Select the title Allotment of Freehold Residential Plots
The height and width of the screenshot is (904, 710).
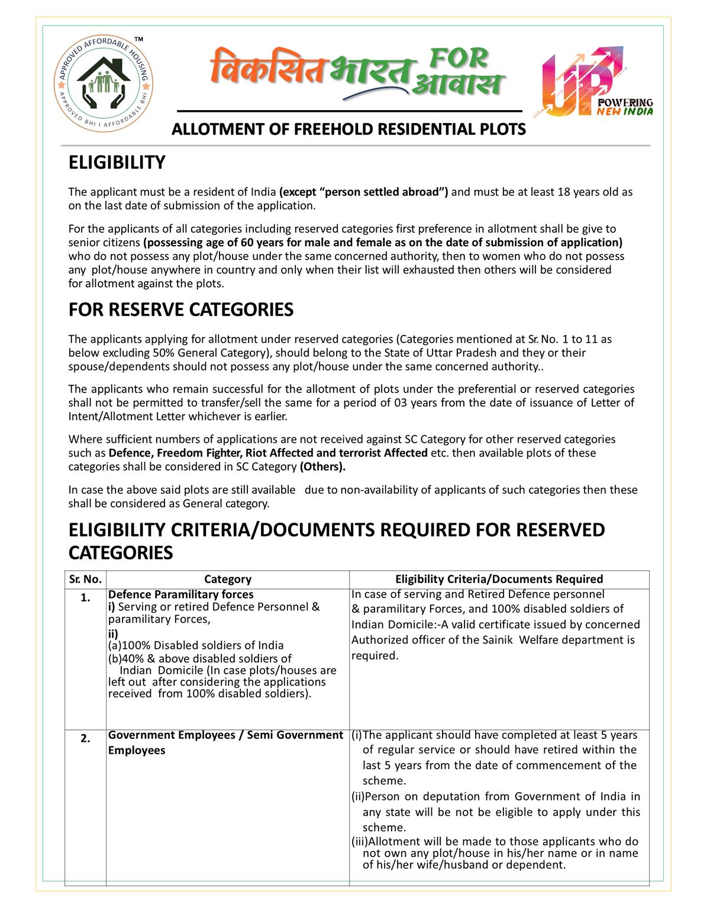pyautogui.click(x=348, y=130)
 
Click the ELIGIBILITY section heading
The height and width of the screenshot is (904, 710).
pyautogui.click(x=117, y=162)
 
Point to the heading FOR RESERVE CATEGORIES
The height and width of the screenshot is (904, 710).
pyautogui.click(x=181, y=310)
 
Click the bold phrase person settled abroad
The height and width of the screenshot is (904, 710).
pyautogui.click(x=363, y=192)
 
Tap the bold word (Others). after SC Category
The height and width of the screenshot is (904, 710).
pyautogui.click(x=322, y=467)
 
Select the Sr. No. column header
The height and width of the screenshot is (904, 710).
pyautogui.click(x=85, y=579)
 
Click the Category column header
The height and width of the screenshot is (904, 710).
pyautogui.click(x=228, y=579)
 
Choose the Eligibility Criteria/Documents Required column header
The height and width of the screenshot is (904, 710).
pyautogui.click(x=499, y=579)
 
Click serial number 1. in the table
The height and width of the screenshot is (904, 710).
pyautogui.click(x=86, y=598)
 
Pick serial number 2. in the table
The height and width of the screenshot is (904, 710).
pyautogui.click(x=86, y=739)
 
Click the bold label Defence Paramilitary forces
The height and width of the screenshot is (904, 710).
pyautogui.click(x=180, y=594)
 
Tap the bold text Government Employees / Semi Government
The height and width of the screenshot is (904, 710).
pyautogui.click(x=225, y=735)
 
